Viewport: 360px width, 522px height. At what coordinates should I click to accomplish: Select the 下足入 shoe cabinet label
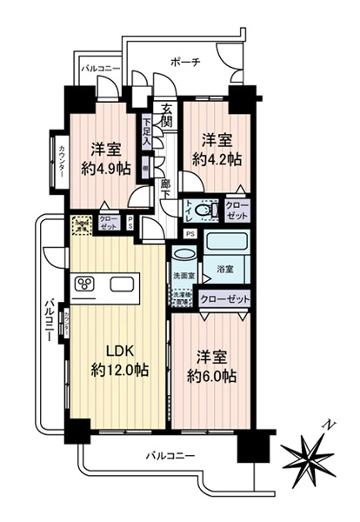147,130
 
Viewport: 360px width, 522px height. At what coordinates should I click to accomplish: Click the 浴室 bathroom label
224,271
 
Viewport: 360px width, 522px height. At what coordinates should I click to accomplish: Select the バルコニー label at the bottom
169,456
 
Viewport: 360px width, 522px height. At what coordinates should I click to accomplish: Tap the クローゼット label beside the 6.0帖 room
224,299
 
